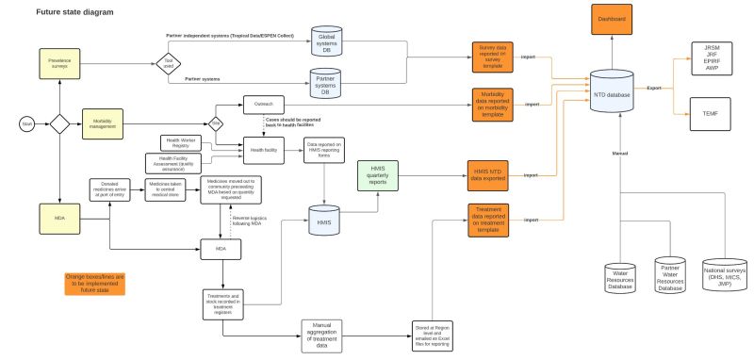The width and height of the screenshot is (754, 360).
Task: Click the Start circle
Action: click(x=27, y=123)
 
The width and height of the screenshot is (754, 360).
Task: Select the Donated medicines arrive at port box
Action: click(x=109, y=188)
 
